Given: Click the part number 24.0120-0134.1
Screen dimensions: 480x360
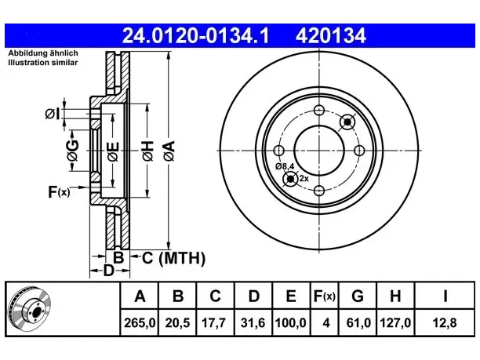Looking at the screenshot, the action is coord(195,36).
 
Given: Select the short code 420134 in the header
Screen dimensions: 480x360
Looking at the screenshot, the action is coord(331,36).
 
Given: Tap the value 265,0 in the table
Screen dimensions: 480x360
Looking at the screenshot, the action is coord(140,323).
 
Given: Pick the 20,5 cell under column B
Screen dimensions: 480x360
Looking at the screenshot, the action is coord(177,323).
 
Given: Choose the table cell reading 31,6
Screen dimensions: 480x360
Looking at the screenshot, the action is coord(253,323).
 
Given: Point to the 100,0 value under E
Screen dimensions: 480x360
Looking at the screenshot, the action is coord(290,323).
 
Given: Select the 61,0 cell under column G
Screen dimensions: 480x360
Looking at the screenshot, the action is coord(358,323).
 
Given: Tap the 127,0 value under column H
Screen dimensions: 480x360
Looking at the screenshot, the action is coord(395,323).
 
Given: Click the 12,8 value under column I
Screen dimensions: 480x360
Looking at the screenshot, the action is coord(445,323).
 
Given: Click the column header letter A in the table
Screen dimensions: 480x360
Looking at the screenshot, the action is coord(140,296).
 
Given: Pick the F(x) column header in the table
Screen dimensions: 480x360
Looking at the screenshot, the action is coord(325,296).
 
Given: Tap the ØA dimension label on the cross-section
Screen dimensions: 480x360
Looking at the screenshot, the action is coord(169,151).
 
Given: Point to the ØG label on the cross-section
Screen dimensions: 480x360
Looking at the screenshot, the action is coord(73,151).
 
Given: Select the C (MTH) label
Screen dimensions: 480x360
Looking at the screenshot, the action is coord(173,258).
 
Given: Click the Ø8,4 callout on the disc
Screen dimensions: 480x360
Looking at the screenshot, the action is coord(285,166).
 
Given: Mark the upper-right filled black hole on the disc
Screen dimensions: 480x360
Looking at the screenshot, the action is coord(347,122).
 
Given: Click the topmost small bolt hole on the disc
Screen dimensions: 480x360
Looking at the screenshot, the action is coord(319,111).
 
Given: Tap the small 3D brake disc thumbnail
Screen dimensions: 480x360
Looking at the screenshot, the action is coord(30,308).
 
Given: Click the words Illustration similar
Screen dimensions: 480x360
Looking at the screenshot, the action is coord(42,63).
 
